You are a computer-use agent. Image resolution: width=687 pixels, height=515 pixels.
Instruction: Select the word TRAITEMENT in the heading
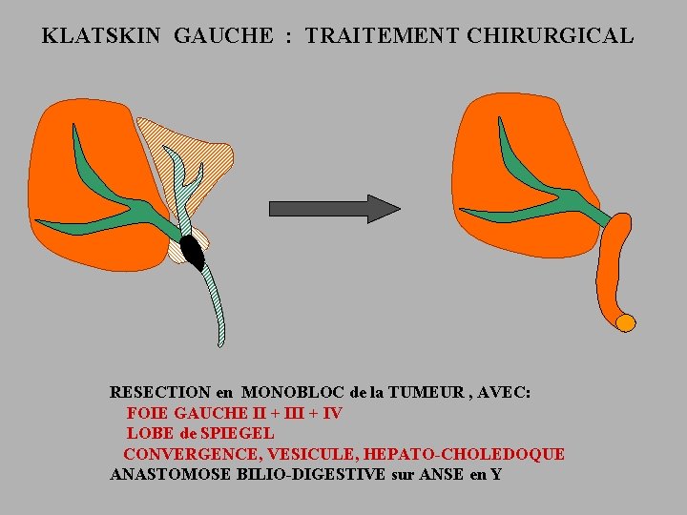pos(384,36)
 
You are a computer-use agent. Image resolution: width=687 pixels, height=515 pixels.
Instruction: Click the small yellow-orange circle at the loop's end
pos(625,322)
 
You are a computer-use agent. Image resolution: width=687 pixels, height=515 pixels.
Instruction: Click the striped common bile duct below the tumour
pos(216,305)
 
